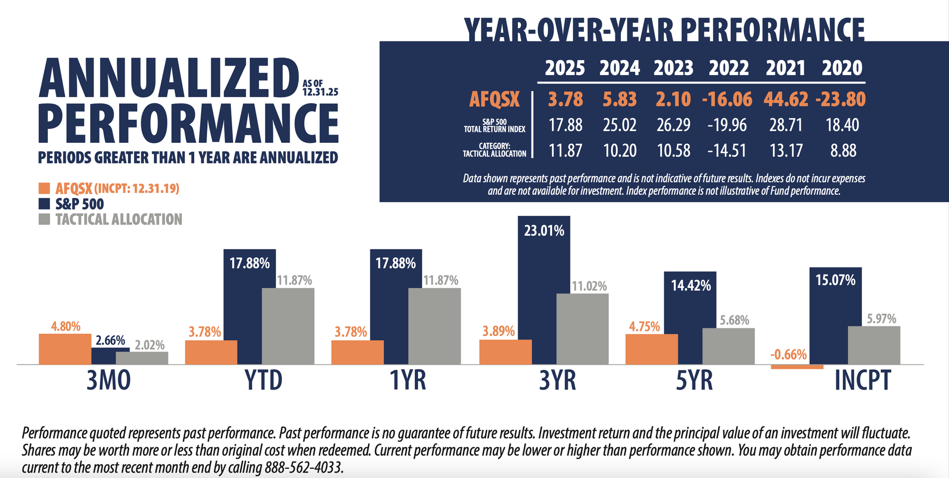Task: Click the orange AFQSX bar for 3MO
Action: coord(65,349)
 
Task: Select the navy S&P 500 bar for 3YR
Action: coord(544,297)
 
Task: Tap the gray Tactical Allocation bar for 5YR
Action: coord(728,346)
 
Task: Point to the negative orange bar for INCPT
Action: coord(797,367)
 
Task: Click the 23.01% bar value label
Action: coord(544,231)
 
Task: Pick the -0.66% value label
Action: coord(788,354)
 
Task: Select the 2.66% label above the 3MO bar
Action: coord(110,341)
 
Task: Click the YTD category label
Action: coord(263,381)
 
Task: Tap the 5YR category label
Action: coord(694,381)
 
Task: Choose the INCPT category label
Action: coord(863,381)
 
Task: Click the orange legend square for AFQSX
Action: coord(44,188)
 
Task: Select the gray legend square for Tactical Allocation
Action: coord(44,219)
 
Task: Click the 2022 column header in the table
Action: coord(729,68)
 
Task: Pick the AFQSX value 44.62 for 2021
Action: coord(785,99)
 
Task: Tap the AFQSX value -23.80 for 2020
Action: coord(840,99)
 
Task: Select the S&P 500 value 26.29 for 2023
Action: coord(673,125)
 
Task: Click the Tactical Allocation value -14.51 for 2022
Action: coord(727,150)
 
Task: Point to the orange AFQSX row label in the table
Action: coord(494,99)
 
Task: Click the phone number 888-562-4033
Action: coord(303,467)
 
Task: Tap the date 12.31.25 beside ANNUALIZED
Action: coord(320,92)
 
